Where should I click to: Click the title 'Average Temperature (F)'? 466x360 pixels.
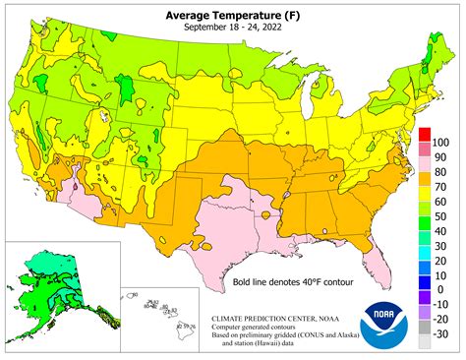[233, 14]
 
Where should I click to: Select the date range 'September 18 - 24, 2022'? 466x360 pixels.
[233, 28]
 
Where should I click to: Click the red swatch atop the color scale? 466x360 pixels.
[425, 135]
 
